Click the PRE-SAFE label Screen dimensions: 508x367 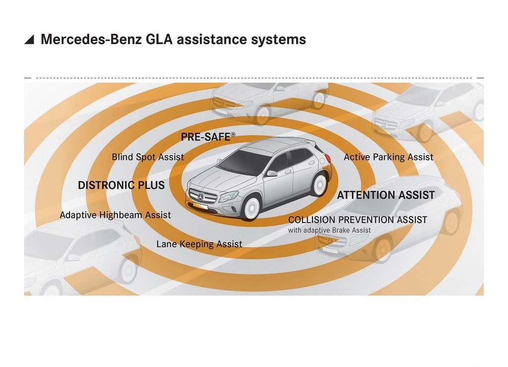[x=206, y=137]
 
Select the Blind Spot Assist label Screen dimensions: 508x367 [x=148, y=157]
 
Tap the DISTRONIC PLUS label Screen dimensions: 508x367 [x=121, y=185]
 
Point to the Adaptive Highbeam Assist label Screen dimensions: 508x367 [x=115, y=215]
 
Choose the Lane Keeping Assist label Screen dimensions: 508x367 [x=199, y=244]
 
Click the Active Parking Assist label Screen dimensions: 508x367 [x=388, y=157]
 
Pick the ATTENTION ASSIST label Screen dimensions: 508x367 [x=386, y=195]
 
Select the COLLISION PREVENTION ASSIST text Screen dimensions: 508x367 [x=358, y=220]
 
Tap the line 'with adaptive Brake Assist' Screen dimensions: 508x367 [x=329, y=230]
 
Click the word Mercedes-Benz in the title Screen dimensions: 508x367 [x=91, y=39]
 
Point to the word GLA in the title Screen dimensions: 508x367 [x=159, y=39]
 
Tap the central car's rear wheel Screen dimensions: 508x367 [x=319, y=184]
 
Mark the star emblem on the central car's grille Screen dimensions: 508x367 [x=201, y=196]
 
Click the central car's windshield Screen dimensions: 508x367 [x=244, y=161]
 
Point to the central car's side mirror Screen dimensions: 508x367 [x=271, y=173]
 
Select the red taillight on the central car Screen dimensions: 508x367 [x=327, y=158]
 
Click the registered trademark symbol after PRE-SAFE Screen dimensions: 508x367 [x=233, y=134]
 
